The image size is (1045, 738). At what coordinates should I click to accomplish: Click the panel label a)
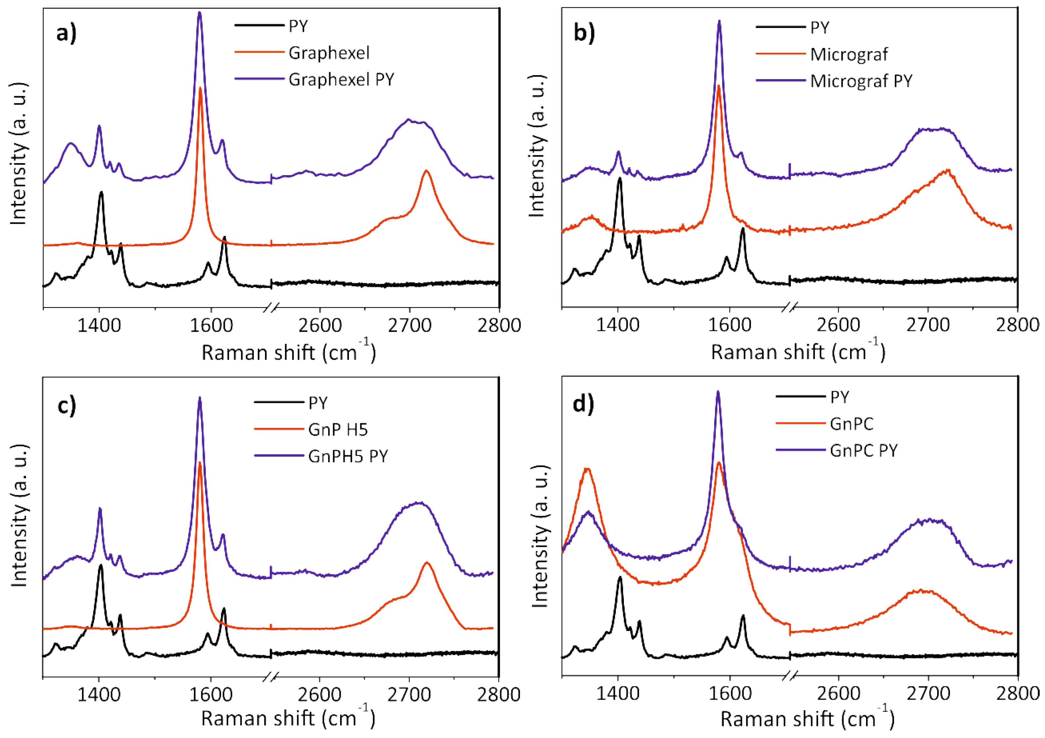click(66, 33)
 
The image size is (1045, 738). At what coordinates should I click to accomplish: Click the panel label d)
click(584, 404)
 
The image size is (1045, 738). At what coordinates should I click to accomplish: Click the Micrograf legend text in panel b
click(849, 55)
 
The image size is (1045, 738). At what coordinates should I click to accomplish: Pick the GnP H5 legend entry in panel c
click(338, 429)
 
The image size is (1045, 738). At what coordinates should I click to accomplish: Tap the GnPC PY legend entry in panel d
click(863, 451)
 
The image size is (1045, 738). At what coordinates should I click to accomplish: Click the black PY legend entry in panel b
click(820, 28)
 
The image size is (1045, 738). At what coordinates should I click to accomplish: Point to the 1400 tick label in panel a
click(99, 326)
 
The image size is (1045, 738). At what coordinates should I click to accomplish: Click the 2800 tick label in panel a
click(499, 326)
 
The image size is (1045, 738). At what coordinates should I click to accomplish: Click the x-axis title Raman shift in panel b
click(798, 353)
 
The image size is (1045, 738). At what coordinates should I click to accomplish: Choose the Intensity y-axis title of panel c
click(19, 515)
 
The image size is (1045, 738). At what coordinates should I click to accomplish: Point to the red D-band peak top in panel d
click(587, 469)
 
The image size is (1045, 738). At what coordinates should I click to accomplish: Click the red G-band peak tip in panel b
click(718, 86)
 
